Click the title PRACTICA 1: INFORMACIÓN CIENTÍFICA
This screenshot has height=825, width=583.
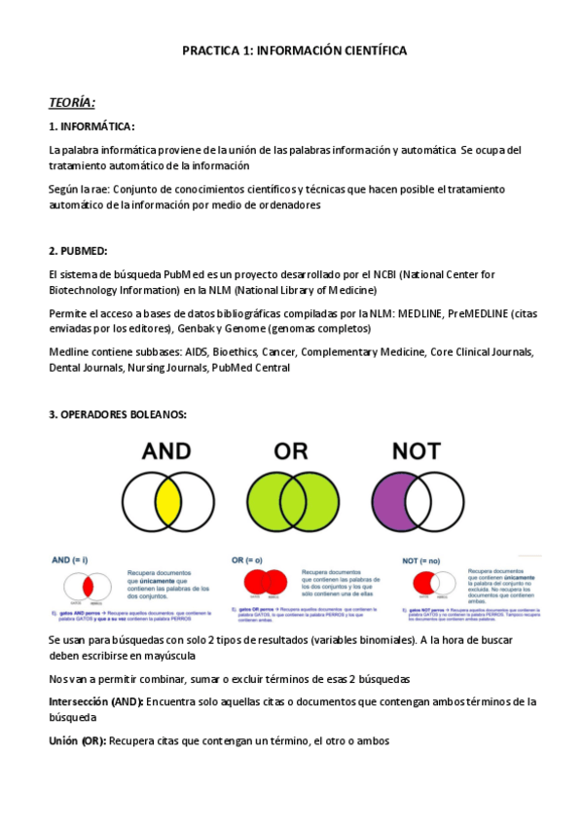click(x=294, y=50)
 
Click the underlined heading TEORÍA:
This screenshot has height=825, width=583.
click(x=72, y=102)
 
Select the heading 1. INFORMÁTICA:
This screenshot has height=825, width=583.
click(x=91, y=126)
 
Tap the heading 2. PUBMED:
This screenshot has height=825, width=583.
click(x=78, y=251)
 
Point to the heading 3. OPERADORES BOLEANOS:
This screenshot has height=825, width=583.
click(x=117, y=414)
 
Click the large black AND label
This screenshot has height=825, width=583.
click(x=166, y=450)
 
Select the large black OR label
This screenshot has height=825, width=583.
click(x=291, y=450)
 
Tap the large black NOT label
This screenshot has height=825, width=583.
click(x=415, y=450)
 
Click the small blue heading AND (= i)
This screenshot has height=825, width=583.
click(x=69, y=561)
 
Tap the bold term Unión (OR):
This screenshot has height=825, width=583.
click(x=78, y=740)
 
